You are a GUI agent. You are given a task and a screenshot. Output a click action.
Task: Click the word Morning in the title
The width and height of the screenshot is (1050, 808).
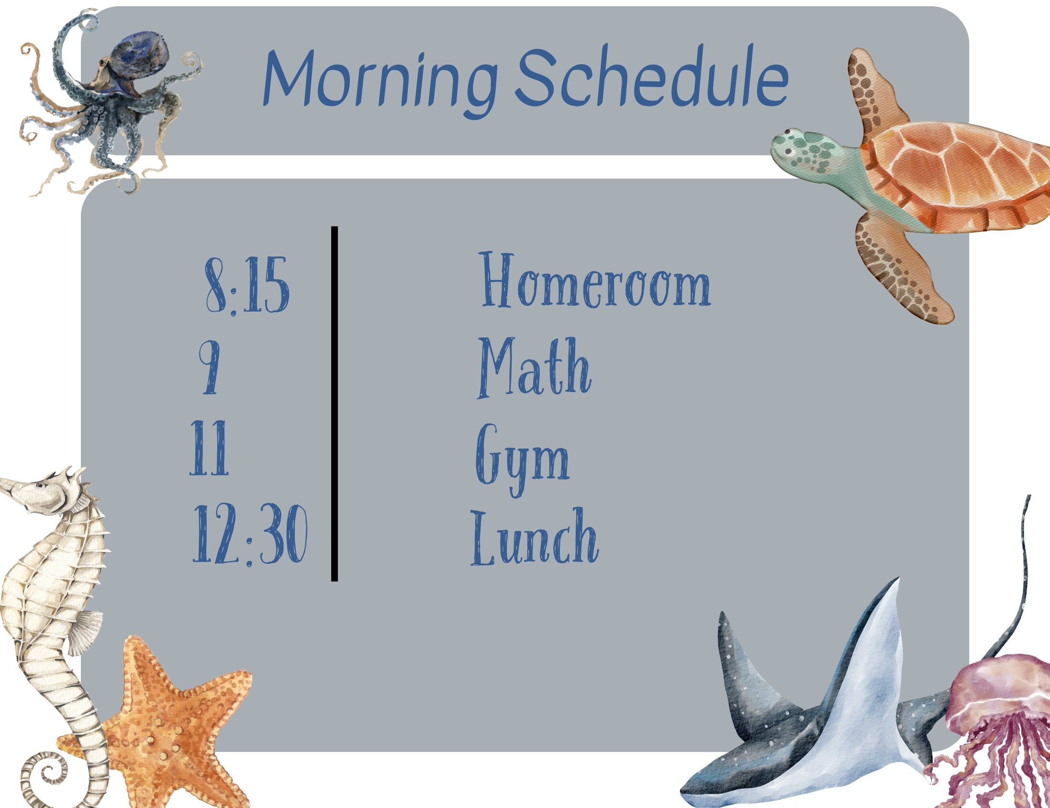(x=380, y=79)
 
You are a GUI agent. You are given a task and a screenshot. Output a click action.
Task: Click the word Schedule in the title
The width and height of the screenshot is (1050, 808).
(x=651, y=77)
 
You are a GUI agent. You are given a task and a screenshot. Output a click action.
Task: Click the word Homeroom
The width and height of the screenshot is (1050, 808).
(x=595, y=281)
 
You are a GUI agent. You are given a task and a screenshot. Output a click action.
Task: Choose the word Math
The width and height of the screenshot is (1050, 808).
(x=534, y=368)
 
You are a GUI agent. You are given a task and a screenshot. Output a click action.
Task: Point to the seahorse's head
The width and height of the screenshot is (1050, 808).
(x=53, y=493)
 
